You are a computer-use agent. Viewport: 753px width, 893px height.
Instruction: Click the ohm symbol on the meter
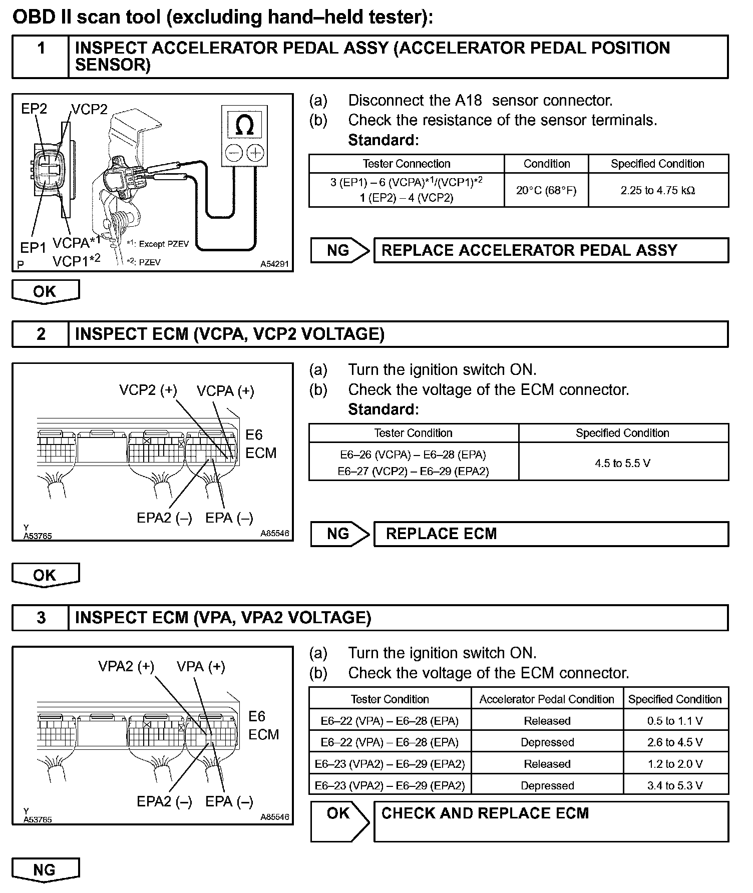[x=244, y=124]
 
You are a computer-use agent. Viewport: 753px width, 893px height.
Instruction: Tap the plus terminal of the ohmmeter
[x=256, y=152]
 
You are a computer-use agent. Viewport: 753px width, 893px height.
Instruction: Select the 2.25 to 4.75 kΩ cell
[x=658, y=190]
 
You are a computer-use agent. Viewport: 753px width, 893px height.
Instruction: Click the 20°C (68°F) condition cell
[x=546, y=190]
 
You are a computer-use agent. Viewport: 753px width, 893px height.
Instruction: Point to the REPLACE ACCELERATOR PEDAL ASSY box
[x=551, y=250]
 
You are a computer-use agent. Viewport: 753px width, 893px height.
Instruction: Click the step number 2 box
[x=41, y=334]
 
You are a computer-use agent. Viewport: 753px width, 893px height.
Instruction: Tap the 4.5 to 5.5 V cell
[x=623, y=463]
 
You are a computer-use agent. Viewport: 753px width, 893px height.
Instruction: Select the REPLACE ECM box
[x=551, y=534]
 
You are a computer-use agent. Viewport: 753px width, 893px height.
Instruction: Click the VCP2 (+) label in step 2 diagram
[x=148, y=390]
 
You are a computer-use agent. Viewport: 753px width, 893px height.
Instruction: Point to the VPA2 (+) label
[x=126, y=666]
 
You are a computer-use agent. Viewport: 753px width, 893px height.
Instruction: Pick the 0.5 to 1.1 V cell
[x=675, y=721]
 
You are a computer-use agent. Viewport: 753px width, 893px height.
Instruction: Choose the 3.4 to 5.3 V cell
[x=675, y=785]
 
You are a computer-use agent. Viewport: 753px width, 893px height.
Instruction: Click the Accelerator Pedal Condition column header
[x=547, y=699]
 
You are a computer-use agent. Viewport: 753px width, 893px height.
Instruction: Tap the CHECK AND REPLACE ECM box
[x=551, y=821]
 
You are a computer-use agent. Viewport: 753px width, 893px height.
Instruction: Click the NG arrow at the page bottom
[x=45, y=870]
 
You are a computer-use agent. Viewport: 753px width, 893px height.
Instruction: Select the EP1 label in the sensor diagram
[x=33, y=247]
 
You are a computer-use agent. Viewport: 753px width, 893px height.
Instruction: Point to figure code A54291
[x=274, y=264]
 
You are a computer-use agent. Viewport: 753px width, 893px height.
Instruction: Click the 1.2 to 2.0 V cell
[x=675, y=764]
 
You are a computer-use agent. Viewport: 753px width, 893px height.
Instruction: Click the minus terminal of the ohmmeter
[x=234, y=152]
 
